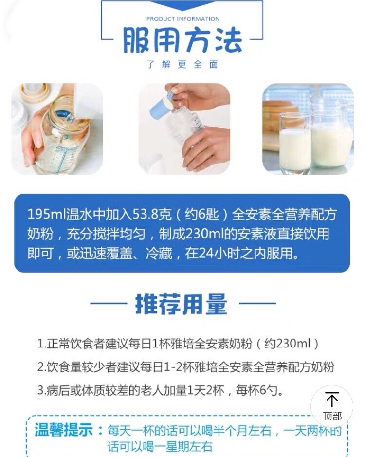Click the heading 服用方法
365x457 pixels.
point(182,41)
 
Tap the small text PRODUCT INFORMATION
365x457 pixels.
point(182,19)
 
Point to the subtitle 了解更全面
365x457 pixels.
point(182,65)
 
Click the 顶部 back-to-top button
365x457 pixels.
point(332,407)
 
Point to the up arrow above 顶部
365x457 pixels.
point(332,399)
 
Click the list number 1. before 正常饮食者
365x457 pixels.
point(41,344)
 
